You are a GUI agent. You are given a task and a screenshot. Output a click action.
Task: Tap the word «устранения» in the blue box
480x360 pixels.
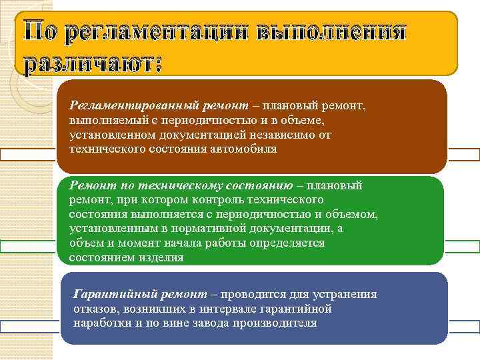pyautogui.click(x=346, y=294)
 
